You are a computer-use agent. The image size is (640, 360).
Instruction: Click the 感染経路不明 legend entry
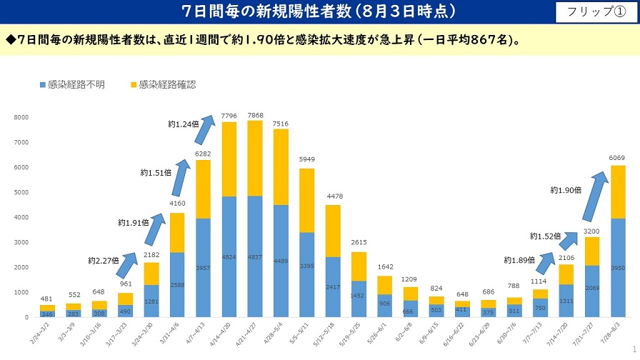(71, 84)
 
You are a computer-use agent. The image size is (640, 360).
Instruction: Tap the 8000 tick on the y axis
(21, 117)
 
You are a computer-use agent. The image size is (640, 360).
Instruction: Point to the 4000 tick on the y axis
(21, 217)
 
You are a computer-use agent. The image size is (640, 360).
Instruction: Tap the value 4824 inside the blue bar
(229, 256)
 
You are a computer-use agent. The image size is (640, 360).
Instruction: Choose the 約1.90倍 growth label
(566, 190)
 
